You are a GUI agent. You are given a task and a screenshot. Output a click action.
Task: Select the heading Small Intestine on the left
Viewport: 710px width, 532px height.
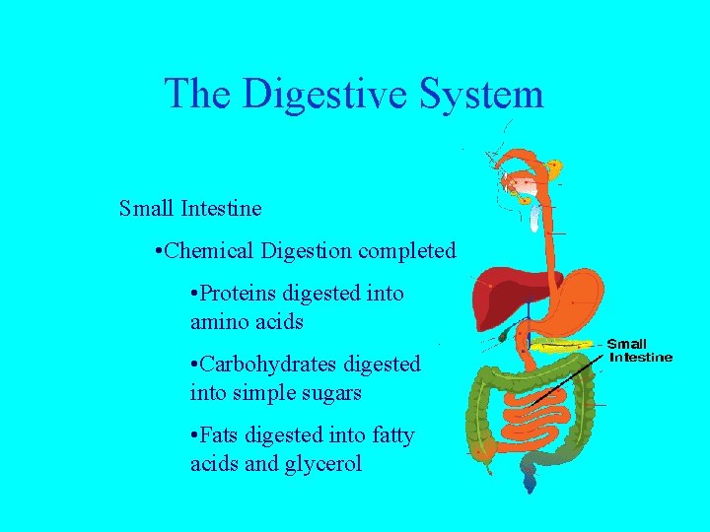[x=190, y=209]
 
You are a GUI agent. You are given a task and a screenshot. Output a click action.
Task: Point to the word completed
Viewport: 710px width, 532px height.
[x=407, y=251]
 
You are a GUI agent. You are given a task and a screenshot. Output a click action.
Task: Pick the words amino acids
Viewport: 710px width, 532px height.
[x=247, y=322]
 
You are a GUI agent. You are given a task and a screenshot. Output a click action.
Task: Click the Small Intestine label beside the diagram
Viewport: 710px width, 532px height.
[x=641, y=351]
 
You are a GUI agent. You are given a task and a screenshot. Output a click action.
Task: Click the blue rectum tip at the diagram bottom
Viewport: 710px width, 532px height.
[x=531, y=483]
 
